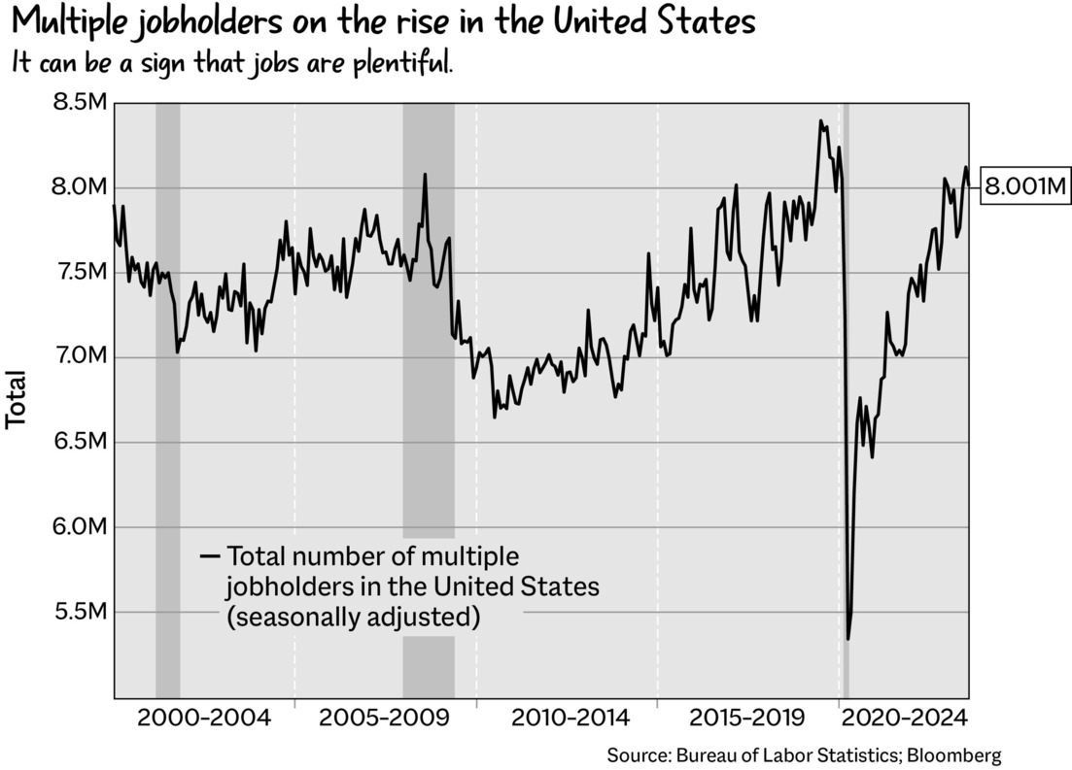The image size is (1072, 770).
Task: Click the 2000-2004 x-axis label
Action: click(204, 719)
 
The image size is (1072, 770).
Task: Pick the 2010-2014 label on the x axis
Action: click(571, 719)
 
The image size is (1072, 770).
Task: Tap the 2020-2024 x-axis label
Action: click(905, 719)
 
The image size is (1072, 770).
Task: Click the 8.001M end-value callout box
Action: click(1026, 186)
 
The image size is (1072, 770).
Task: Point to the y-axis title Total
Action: click(16, 399)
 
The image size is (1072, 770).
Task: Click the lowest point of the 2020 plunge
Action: click(847, 639)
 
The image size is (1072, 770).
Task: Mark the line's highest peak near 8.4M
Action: click(820, 121)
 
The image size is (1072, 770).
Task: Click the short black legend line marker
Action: click(210, 556)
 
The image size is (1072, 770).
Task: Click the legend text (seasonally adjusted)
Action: click(353, 618)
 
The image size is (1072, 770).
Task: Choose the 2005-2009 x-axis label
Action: click(385, 719)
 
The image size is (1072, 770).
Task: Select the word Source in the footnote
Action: click(636, 755)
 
